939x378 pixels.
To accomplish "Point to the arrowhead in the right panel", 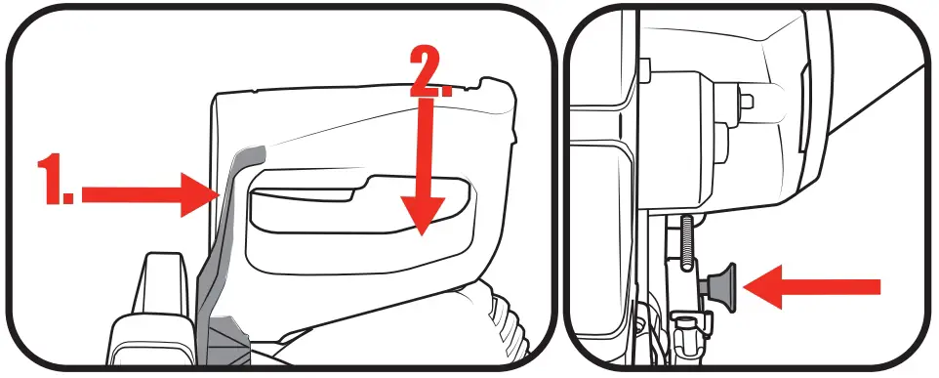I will pos(761,286).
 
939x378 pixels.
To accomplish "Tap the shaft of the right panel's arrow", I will pos(830,286).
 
